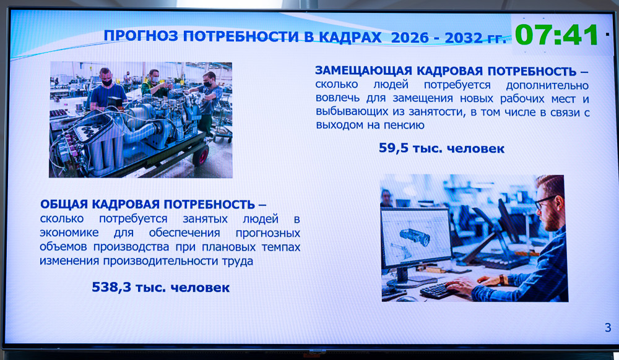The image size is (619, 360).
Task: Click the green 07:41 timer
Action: [556, 35]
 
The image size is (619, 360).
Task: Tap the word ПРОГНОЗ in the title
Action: [141, 36]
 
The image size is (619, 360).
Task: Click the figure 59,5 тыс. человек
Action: [441, 148]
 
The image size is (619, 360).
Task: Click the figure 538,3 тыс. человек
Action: [161, 287]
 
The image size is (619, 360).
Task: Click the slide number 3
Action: [608, 328]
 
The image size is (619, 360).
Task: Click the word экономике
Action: [69, 233]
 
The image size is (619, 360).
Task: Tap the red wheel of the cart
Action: [202, 156]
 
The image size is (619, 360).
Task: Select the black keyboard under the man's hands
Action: [440, 291]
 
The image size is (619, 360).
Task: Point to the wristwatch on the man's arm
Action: [503, 279]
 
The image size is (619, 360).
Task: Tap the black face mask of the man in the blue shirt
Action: [106, 83]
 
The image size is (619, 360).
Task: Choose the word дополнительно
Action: [547, 85]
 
